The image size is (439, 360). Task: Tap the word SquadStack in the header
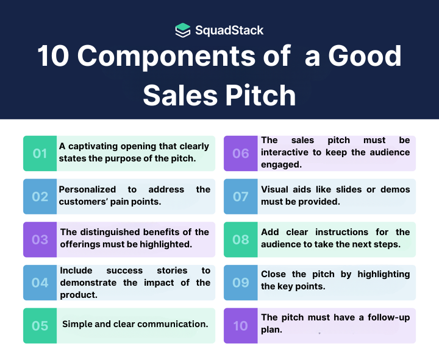(x=229, y=30)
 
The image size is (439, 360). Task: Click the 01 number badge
(x=40, y=154)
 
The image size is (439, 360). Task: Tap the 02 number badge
(x=40, y=197)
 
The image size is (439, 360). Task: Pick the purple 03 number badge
(x=40, y=239)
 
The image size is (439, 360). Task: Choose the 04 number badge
(x=40, y=283)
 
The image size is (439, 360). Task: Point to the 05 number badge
(x=40, y=326)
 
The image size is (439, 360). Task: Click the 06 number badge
(x=240, y=154)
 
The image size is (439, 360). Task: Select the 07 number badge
(x=240, y=197)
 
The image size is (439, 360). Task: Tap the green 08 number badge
(x=240, y=239)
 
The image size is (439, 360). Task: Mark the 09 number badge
(x=240, y=283)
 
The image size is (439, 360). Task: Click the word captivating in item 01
(x=95, y=146)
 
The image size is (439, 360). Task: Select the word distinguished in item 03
(x=113, y=232)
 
